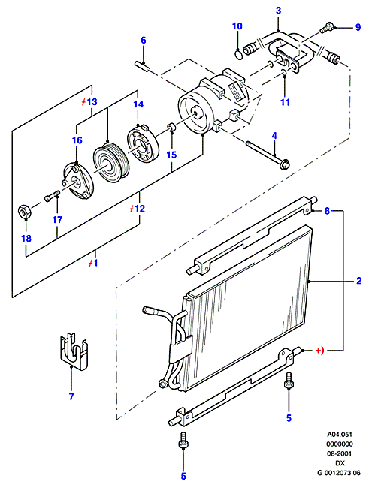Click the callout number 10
[237, 26]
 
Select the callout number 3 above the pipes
[278, 11]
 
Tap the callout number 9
[358, 27]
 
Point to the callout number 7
[71, 396]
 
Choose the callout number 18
[26, 239]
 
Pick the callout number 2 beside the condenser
[359, 281]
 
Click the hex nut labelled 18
[24, 211]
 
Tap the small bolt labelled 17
[53, 196]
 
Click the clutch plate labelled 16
[76, 182]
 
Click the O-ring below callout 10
[238, 55]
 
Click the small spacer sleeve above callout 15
[171, 127]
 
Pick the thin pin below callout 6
[143, 65]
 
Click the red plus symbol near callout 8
[319, 351]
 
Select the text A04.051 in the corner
[339, 435]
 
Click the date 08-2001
[339, 453]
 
